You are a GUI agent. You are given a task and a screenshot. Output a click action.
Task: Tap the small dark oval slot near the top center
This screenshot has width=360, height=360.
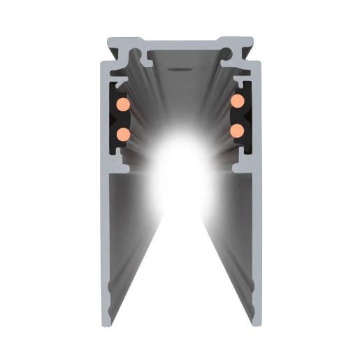(180, 69)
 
